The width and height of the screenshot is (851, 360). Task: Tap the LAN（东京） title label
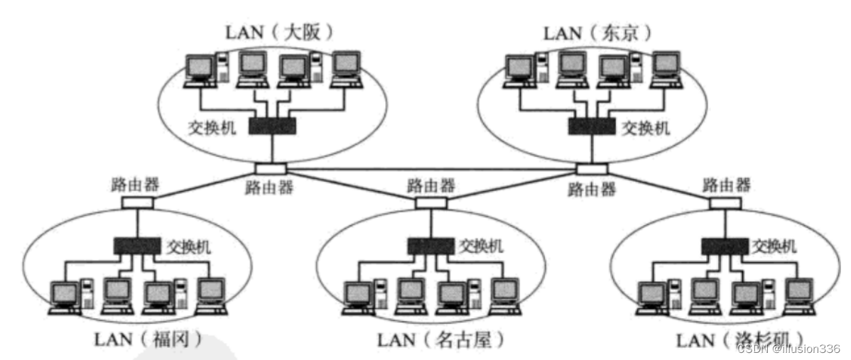pos(597,33)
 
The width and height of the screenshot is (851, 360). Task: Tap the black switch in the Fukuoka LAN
pos(137,246)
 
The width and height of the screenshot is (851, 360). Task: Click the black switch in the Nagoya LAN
pos(430,246)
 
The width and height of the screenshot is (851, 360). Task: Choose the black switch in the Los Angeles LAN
pos(725,246)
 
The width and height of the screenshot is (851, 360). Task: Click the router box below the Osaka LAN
pos(271,169)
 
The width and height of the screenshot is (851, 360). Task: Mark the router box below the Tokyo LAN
pos(591,169)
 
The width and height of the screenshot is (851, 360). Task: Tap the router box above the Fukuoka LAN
pos(136,202)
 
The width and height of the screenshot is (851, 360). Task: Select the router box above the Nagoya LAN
pos(430,202)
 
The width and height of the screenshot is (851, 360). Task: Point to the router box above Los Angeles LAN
pos(725,202)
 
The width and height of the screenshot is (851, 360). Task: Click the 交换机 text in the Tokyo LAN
pos(645,128)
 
